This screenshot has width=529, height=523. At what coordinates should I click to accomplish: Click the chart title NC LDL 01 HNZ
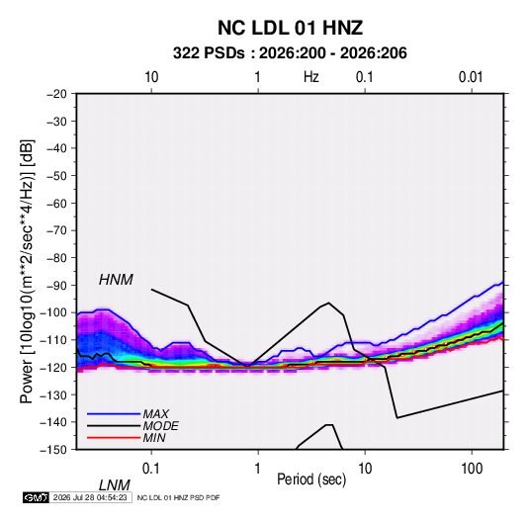click(x=290, y=28)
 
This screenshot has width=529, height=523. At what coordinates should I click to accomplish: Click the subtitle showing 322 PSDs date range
click(x=290, y=53)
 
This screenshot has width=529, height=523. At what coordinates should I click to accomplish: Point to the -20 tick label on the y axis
click(x=56, y=94)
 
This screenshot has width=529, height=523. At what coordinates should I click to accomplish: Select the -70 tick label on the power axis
click(x=56, y=230)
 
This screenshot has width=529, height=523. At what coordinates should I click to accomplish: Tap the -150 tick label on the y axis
click(x=53, y=450)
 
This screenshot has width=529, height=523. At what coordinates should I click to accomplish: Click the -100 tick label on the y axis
click(x=53, y=312)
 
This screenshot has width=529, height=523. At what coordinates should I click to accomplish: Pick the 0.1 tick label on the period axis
click(x=150, y=469)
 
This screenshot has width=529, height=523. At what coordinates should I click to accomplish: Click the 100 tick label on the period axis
click(x=472, y=469)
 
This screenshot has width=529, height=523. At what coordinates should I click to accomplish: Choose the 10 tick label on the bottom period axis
click(x=365, y=469)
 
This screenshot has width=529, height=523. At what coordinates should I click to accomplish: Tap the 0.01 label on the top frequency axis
click(x=471, y=77)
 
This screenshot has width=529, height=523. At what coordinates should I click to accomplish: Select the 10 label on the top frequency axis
click(x=151, y=77)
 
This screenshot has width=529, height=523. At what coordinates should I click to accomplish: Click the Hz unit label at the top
click(x=311, y=77)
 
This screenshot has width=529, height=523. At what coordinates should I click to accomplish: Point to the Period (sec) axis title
click(x=311, y=479)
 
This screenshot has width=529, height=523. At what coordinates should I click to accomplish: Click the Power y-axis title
click(x=28, y=271)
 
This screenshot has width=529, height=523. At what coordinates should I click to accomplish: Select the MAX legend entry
click(x=155, y=413)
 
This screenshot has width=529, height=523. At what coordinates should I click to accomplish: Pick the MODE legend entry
click(x=160, y=426)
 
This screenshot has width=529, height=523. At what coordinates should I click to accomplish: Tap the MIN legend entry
click(x=154, y=438)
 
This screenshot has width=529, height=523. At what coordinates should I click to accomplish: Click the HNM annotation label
click(x=116, y=280)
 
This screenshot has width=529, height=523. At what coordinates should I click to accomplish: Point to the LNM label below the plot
click(x=115, y=485)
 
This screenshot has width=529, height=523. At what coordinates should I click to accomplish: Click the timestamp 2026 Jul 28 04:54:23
click(x=90, y=497)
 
